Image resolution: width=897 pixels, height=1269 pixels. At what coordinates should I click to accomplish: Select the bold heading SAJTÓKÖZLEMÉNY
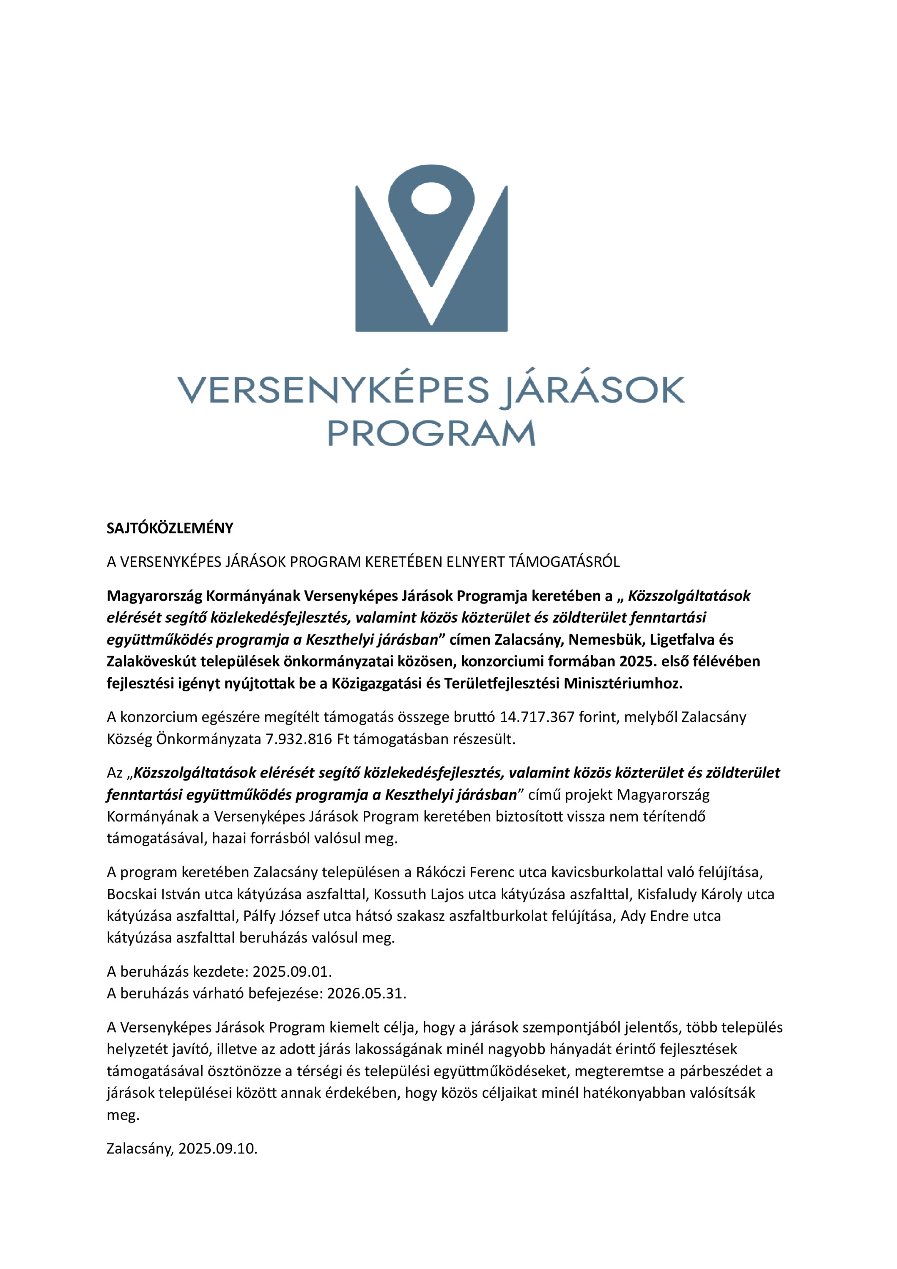coord(170,528)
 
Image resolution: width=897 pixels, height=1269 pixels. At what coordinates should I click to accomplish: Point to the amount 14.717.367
coord(537,717)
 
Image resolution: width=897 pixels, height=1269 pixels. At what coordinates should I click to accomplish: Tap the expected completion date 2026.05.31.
coord(366,994)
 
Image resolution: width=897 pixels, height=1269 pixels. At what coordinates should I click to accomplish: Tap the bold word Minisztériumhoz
coord(623,684)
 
